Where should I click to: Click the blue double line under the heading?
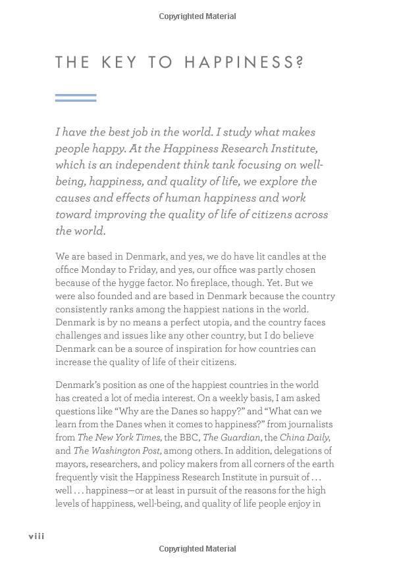point(76,98)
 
